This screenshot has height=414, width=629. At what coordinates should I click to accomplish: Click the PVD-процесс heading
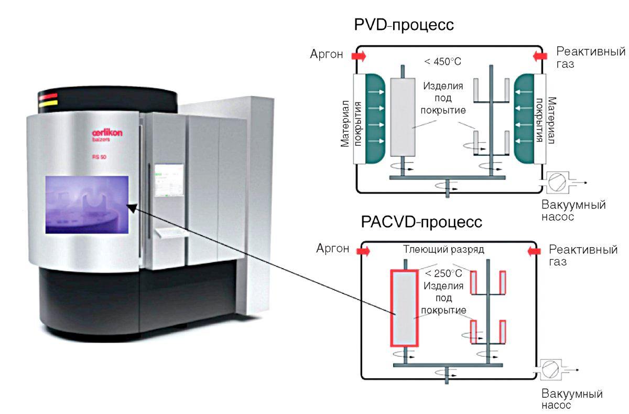(x=404, y=25)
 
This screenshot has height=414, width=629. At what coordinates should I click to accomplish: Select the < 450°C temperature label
(x=442, y=62)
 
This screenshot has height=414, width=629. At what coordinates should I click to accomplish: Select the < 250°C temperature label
(x=443, y=273)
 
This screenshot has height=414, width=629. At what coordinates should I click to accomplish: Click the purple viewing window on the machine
(x=87, y=205)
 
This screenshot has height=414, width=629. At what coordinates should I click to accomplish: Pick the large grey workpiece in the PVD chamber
(x=403, y=118)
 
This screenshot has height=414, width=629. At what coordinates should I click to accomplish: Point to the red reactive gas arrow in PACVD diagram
(x=534, y=252)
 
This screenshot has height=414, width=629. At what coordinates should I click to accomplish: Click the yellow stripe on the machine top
(x=48, y=103)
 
